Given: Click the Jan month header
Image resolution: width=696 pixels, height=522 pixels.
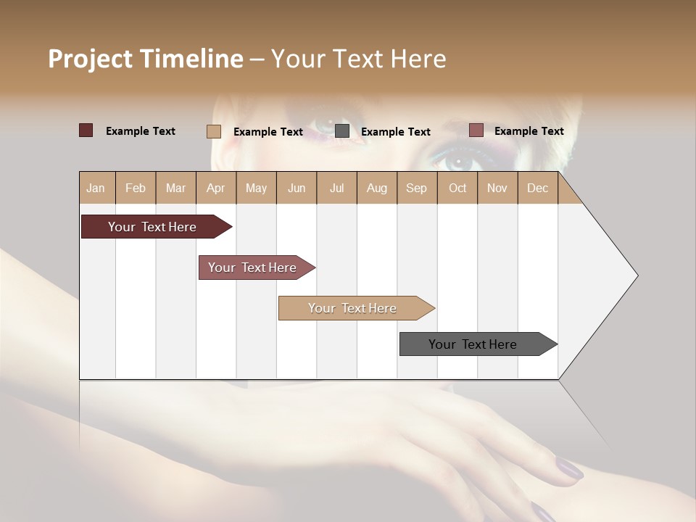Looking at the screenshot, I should pos(96,188).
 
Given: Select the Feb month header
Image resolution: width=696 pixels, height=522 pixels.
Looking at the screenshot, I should pos(136,188).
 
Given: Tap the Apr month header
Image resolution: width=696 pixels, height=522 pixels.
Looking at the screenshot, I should pos(216,188).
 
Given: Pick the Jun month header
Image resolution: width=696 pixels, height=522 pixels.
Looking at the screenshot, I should pos(297,188).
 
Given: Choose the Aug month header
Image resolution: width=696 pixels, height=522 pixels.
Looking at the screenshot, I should pos(377,188).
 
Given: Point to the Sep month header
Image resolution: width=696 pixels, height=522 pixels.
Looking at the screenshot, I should pos(417,188).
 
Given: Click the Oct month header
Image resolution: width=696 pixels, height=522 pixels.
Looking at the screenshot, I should pos(457,188).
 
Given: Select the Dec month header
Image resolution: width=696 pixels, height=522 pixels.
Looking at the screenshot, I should pos(538,188).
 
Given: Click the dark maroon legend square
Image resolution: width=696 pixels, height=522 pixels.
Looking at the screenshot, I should pos(86,130).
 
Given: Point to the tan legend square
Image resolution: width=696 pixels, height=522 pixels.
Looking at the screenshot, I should pos(214,131).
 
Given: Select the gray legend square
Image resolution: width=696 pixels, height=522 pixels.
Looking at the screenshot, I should pos(342,131).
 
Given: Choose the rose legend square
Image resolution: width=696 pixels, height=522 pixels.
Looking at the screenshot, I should pos(476,130).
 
